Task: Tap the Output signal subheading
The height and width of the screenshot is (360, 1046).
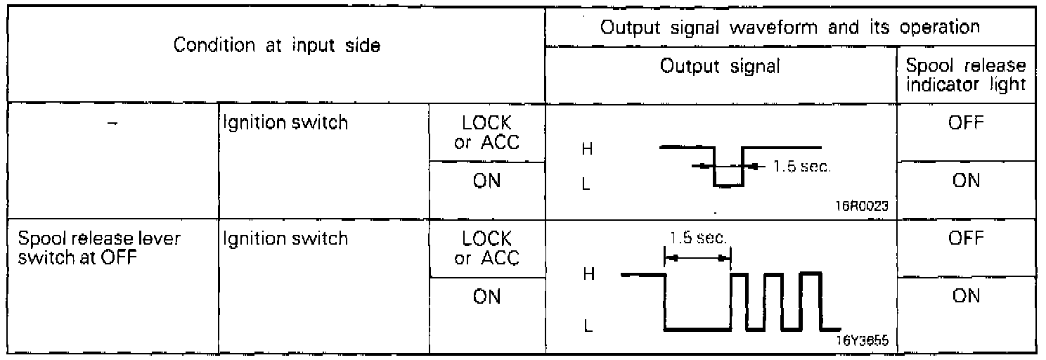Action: click(x=721, y=67)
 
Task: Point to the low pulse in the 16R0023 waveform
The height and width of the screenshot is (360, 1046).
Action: click(x=729, y=184)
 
